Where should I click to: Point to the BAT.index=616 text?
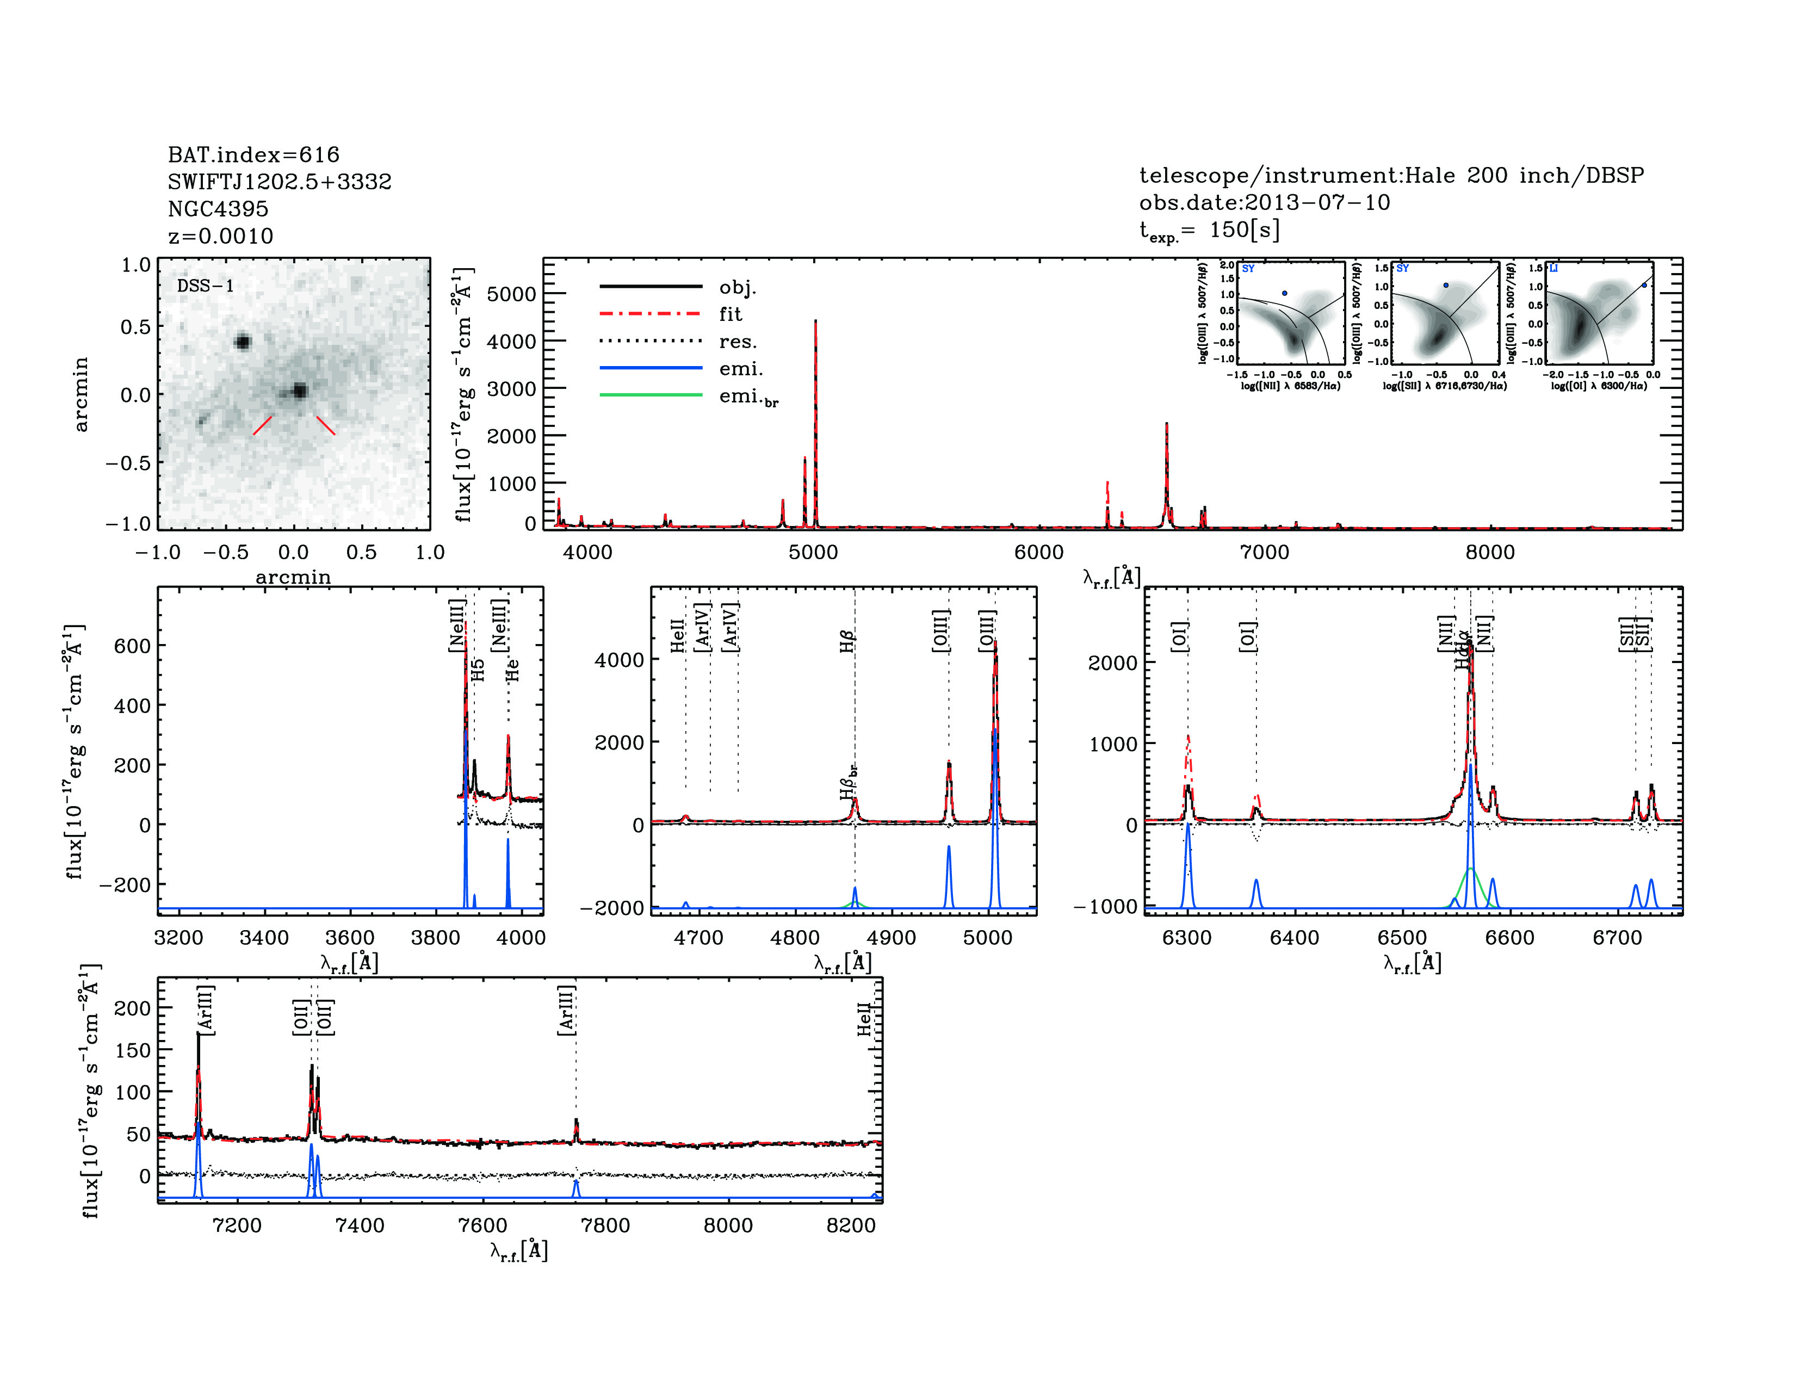[x=253, y=154]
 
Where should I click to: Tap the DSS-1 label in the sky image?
[x=206, y=286]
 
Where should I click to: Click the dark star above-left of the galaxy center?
[x=243, y=342]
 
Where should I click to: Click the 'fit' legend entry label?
[x=730, y=314]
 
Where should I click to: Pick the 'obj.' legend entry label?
[x=737, y=287]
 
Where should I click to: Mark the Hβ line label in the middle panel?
[x=847, y=641]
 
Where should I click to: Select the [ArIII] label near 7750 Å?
[x=566, y=1010]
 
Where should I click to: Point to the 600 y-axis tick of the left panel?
[x=132, y=646]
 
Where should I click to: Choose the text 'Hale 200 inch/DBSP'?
[x=1524, y=175]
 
